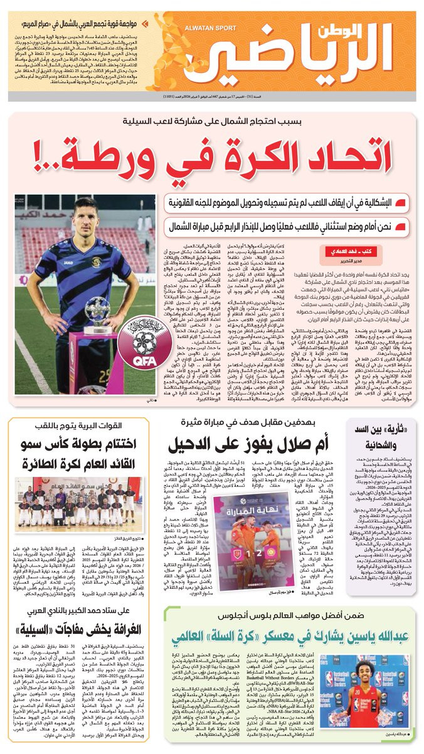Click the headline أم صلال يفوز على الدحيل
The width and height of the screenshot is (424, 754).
coord(258,447)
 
